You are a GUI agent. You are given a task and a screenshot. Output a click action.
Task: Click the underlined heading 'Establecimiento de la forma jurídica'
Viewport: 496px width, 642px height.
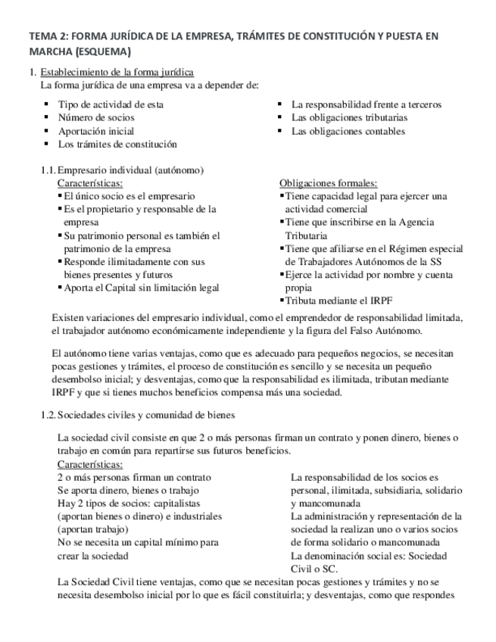pyautogui.click(x=117, y=72)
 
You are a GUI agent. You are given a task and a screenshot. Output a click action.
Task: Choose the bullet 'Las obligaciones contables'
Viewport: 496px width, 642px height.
pyautogui.click(x=348, y=130)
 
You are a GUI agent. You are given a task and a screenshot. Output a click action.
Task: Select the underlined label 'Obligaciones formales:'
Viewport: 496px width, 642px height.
pyautogui.click(x=328, y=183)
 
